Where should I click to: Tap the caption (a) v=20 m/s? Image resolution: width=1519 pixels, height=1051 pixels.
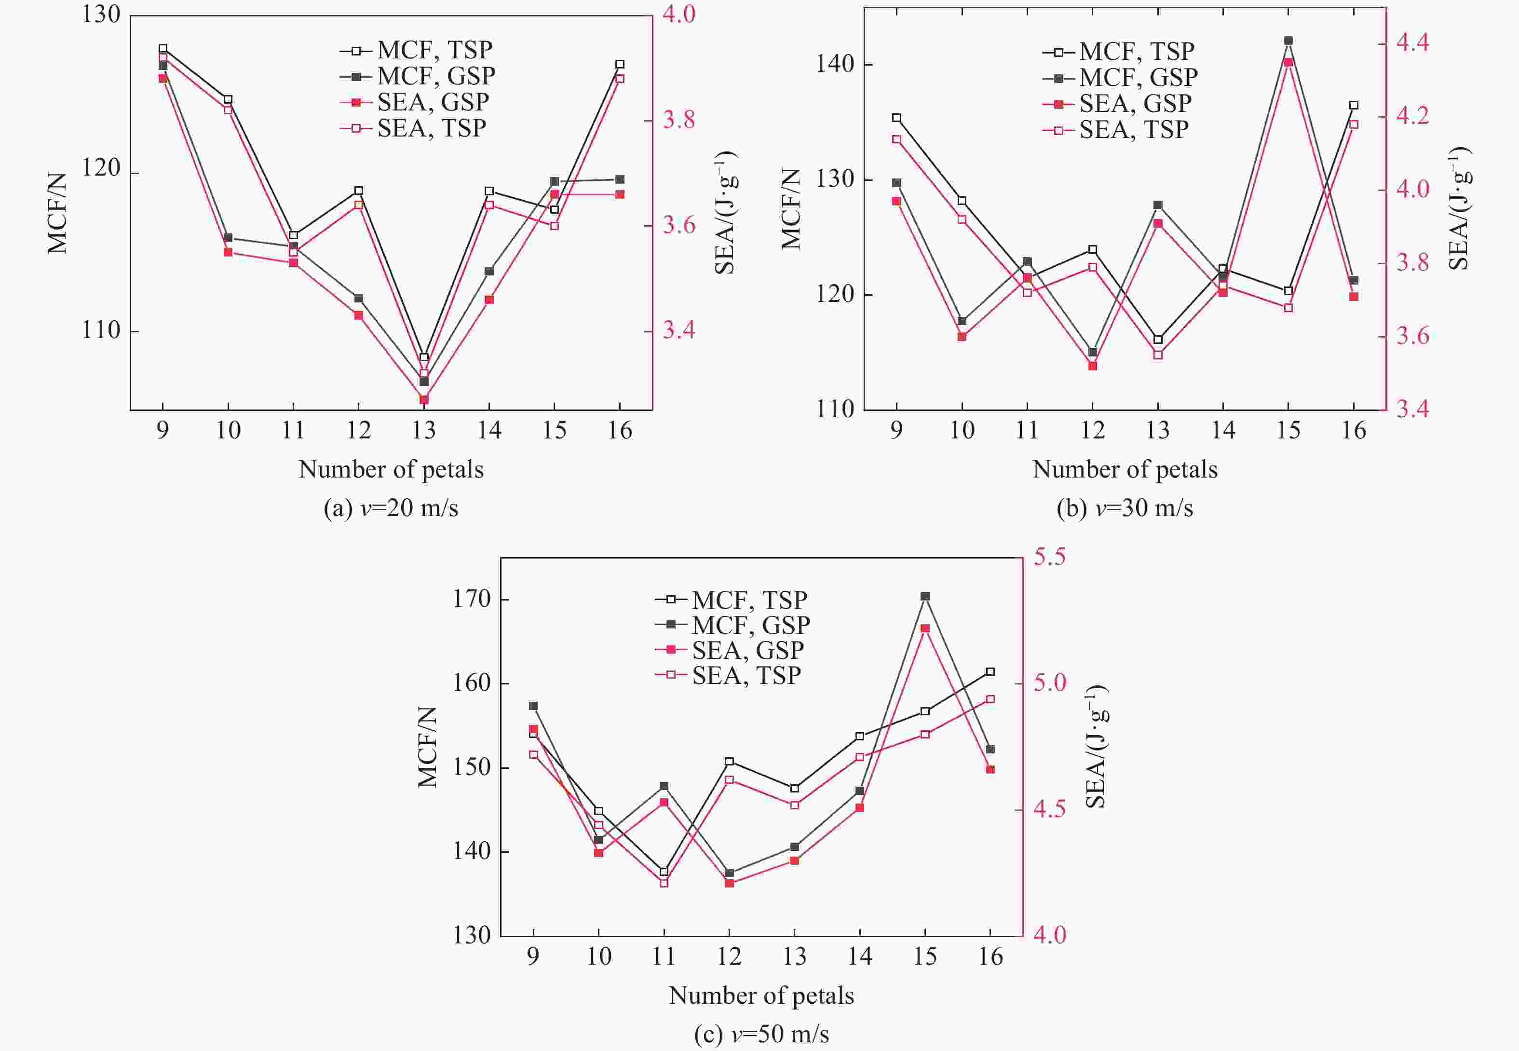pyautogui.click(x=391, y=508)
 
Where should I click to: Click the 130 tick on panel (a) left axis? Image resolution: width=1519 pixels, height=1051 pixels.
pyautogui.click(x=101, y=14)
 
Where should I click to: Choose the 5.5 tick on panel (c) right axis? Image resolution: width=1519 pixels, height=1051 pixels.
pyautogui.click(x=1049, y=557)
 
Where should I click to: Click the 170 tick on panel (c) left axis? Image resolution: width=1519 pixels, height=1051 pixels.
pyautogui.click(x=472, y=599)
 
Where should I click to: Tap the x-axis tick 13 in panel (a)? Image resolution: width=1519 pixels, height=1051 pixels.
pyautogui.click(x=423, y=431)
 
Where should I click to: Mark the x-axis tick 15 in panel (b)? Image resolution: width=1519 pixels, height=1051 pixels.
pyautogui.click(x=1288, y=431)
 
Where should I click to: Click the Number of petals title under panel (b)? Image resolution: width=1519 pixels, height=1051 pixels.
pyautogui.click(x=1125, y=469)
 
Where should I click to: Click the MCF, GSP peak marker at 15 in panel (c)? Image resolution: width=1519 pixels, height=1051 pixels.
pyautogui.click(x=925, y=597)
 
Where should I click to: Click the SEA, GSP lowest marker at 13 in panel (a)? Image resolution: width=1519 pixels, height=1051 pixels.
pyautogui.click(x=424, y=399)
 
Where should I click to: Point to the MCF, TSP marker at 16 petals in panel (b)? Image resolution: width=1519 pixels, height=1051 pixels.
pyautogui.click(x=1354, y=105)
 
